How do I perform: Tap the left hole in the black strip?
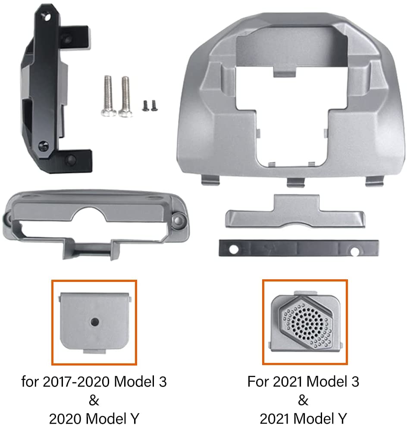233,249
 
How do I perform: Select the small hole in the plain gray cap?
94,321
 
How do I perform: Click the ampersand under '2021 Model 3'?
303,400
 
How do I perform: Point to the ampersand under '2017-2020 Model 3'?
94,400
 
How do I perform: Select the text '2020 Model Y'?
94,418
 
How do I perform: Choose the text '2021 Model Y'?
303,418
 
